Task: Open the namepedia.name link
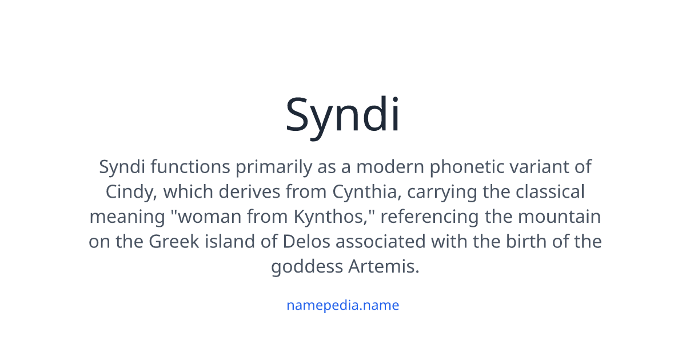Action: (x=342, y=306)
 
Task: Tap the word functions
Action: (x=190, y=167)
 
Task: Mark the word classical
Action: (x=551, y=192)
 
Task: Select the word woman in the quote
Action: (x=209, y=217)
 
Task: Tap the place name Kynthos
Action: (x=330, y=217)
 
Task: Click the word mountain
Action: (x=559, y=217)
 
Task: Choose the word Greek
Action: (x=174, y=242)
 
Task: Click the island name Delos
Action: (x=306, y=242)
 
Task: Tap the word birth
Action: (x=526, y=242)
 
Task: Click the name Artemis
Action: (x=384, y=266)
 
